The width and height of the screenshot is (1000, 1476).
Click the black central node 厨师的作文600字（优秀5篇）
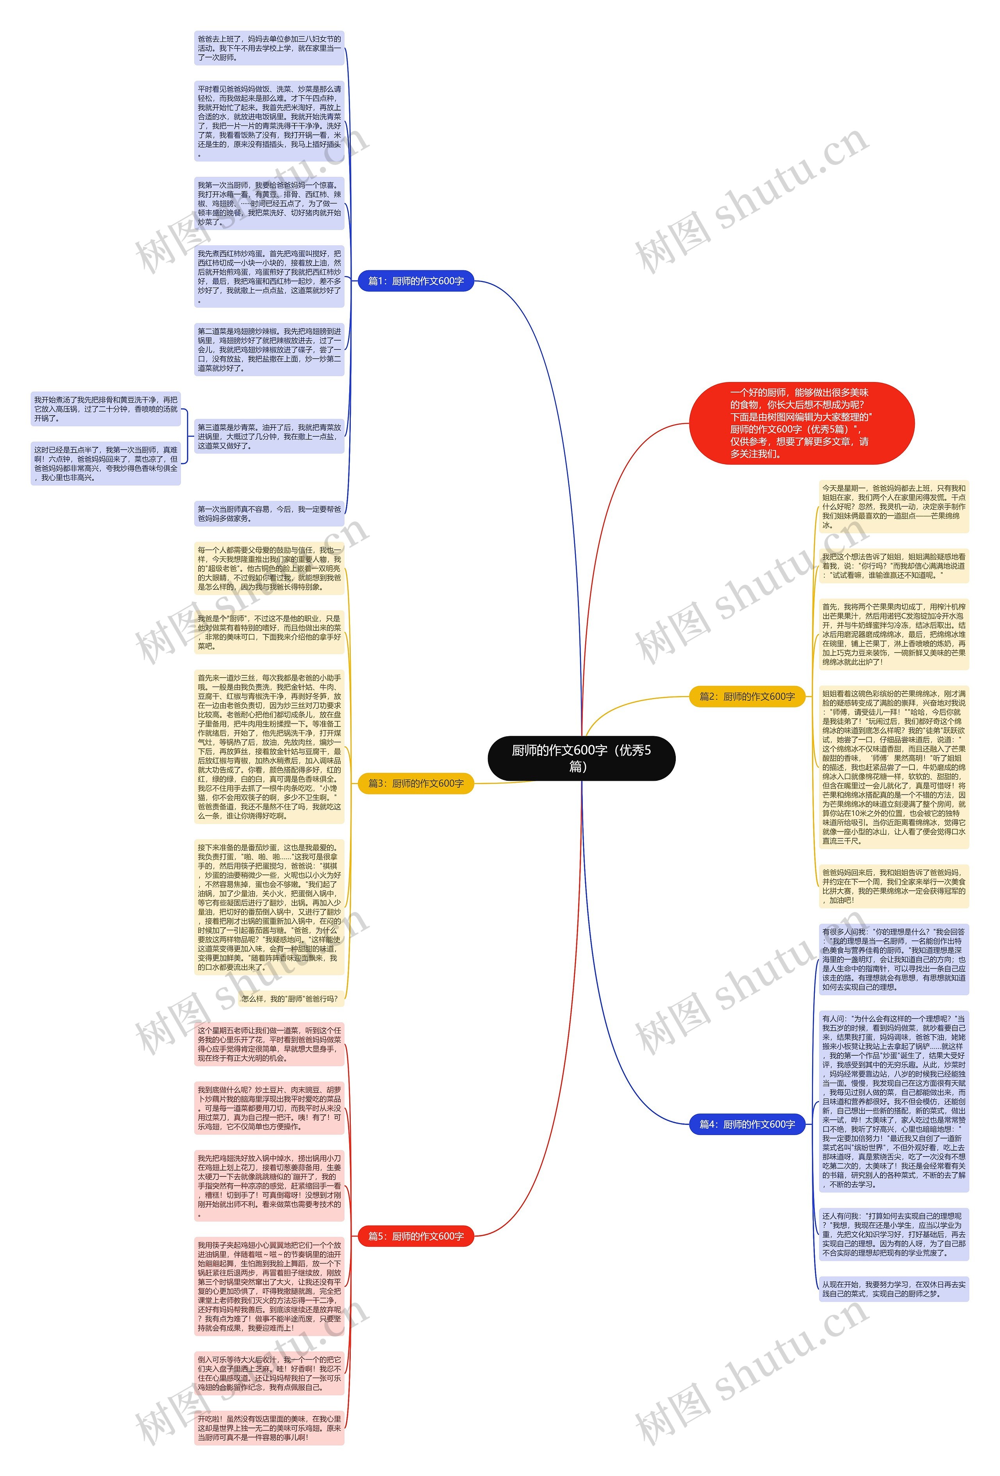[581, 758]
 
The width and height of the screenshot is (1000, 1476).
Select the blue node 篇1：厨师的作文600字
[416, 281]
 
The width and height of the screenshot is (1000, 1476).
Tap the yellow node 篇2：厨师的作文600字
[746, 696]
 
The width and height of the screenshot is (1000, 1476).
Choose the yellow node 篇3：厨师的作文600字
[416, 783]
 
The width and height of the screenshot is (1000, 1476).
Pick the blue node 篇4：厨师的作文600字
[746, 1124]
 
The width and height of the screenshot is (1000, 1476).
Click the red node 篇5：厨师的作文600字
[416, 1236]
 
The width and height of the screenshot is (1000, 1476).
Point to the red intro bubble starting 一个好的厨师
[801, 423]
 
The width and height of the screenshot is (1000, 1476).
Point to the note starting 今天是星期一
[893, 506]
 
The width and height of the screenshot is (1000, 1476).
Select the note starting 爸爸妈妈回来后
[893, 886]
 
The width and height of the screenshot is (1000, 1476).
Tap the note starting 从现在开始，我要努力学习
[893, 1289]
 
